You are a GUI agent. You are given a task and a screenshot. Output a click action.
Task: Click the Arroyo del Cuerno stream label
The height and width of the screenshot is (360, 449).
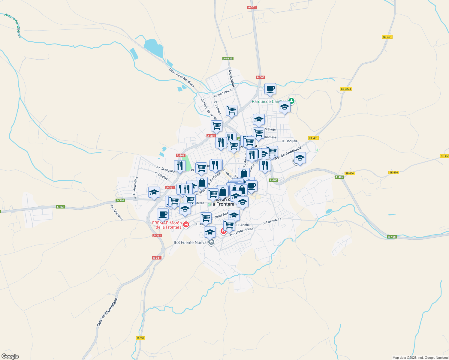[13, 25]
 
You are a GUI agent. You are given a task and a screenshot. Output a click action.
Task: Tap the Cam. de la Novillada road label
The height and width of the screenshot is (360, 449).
[182, 78]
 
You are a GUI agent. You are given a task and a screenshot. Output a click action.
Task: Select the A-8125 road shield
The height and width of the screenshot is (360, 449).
[228, 58]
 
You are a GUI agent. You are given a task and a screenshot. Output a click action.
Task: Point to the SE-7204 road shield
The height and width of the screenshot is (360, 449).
[346, 89]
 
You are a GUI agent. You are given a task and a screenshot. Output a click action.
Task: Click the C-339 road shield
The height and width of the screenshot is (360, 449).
[140, 338]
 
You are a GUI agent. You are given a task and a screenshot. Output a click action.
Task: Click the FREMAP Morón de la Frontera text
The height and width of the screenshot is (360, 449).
[167, 225]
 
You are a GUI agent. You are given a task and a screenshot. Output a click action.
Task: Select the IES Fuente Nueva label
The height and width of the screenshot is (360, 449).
[190, 242]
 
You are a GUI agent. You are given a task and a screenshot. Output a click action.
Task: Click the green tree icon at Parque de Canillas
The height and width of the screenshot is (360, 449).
[291, 101]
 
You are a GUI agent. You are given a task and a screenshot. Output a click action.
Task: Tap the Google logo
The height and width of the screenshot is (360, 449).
[10, 356]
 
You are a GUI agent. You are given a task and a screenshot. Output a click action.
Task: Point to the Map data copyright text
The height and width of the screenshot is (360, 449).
[420, 358]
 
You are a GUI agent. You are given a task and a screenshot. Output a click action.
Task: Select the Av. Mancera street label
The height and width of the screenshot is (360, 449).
[116, 213]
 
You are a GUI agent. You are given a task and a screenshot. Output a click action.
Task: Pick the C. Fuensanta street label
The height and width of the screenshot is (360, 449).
[272, 221]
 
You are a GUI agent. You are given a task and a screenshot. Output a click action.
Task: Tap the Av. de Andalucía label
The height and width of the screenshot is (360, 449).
[288, 153]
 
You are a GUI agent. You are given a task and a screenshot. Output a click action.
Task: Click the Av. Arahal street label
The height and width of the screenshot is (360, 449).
[232, 78]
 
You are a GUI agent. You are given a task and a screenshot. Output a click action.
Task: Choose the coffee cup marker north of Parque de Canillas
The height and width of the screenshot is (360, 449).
[270, 89]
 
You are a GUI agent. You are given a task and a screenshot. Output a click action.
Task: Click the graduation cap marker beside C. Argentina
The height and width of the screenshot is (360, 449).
[154, 192]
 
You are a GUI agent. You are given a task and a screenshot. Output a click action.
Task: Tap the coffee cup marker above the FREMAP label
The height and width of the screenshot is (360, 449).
[163, 214]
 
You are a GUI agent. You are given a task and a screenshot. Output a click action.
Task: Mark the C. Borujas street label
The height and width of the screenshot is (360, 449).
[289, 141]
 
